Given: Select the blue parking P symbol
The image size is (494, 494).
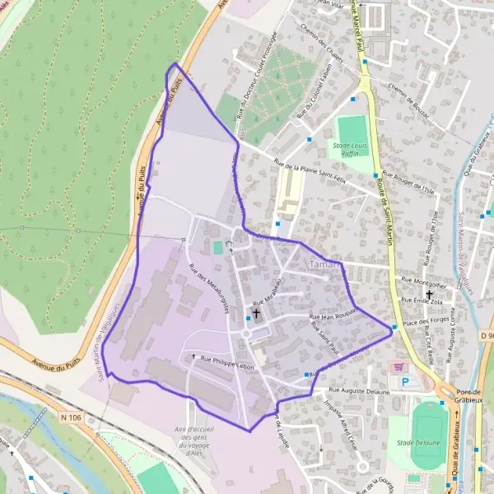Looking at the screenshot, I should click(x=405, y=383).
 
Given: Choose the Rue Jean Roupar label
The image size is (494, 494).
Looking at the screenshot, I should click(x=331, y=315).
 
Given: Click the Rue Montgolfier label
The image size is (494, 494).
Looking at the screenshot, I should click(x=424, y=281).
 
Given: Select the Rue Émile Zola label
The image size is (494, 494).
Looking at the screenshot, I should click(x=424, y=302).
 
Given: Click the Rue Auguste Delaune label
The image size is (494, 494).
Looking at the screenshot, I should click(x=358, y=391).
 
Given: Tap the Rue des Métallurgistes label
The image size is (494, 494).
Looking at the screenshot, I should click(x=208, y=289).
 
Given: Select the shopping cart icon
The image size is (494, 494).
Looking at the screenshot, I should click(x=399, y=367).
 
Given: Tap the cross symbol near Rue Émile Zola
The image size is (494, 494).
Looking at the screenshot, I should click(x=429, y=293).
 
